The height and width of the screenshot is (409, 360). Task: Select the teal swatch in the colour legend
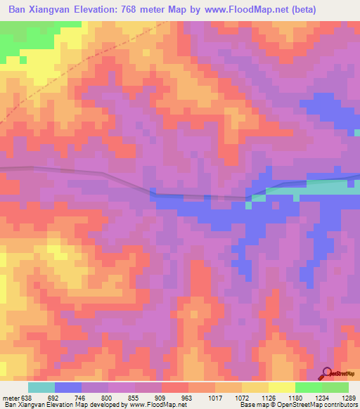[x=41, y=387]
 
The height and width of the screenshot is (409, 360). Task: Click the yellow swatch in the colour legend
[x=281, y=387]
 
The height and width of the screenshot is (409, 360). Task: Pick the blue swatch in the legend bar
[x=68, y=387]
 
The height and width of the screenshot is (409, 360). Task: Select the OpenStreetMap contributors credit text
[x=309, y=405]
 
